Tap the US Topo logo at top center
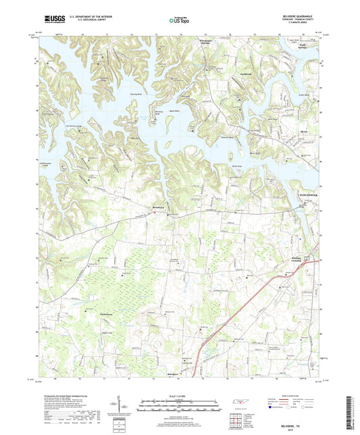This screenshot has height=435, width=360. point(180,20)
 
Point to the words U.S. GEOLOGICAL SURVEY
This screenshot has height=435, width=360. point(88,21)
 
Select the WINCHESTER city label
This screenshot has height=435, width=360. point(311,194)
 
